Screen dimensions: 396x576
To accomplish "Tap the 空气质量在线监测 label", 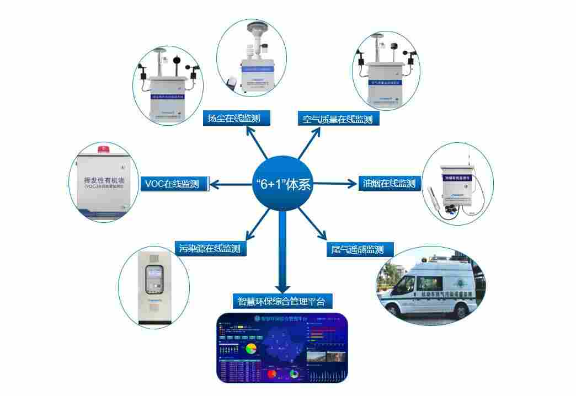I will [x=338, y=119].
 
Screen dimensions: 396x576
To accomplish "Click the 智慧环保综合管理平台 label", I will [x=282, y=302].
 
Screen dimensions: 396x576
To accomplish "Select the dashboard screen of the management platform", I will [x=282, y=348].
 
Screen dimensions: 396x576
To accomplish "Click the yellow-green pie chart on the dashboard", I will [x=252, y=349].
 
